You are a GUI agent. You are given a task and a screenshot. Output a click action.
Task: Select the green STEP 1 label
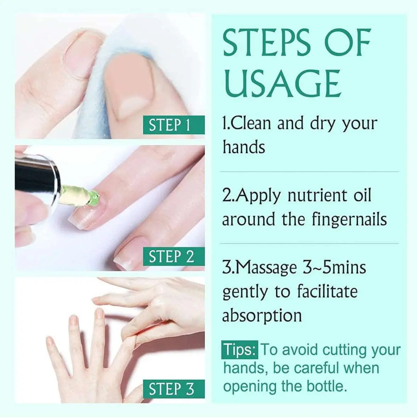point(174,125)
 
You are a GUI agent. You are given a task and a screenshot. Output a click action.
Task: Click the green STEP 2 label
point(174,256)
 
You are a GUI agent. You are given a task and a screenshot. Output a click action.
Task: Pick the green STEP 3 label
point(174,389)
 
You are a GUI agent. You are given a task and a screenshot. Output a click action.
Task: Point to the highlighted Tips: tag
point(240,349)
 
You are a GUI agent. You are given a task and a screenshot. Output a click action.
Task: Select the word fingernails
point(349,219)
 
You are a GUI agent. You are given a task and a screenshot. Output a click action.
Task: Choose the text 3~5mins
point(334,267)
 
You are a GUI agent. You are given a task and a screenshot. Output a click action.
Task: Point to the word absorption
point(262,316)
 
